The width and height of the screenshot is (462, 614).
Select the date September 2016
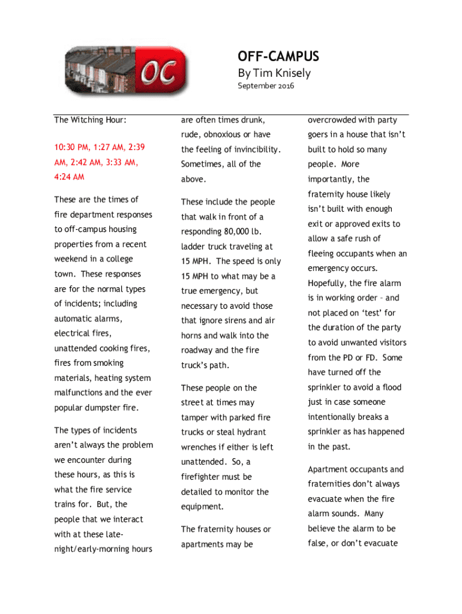point(266,86)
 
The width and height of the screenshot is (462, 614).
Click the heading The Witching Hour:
point(90,120)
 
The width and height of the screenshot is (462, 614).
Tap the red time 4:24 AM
point(69,177)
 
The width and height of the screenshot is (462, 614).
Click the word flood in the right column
point(391,387)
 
